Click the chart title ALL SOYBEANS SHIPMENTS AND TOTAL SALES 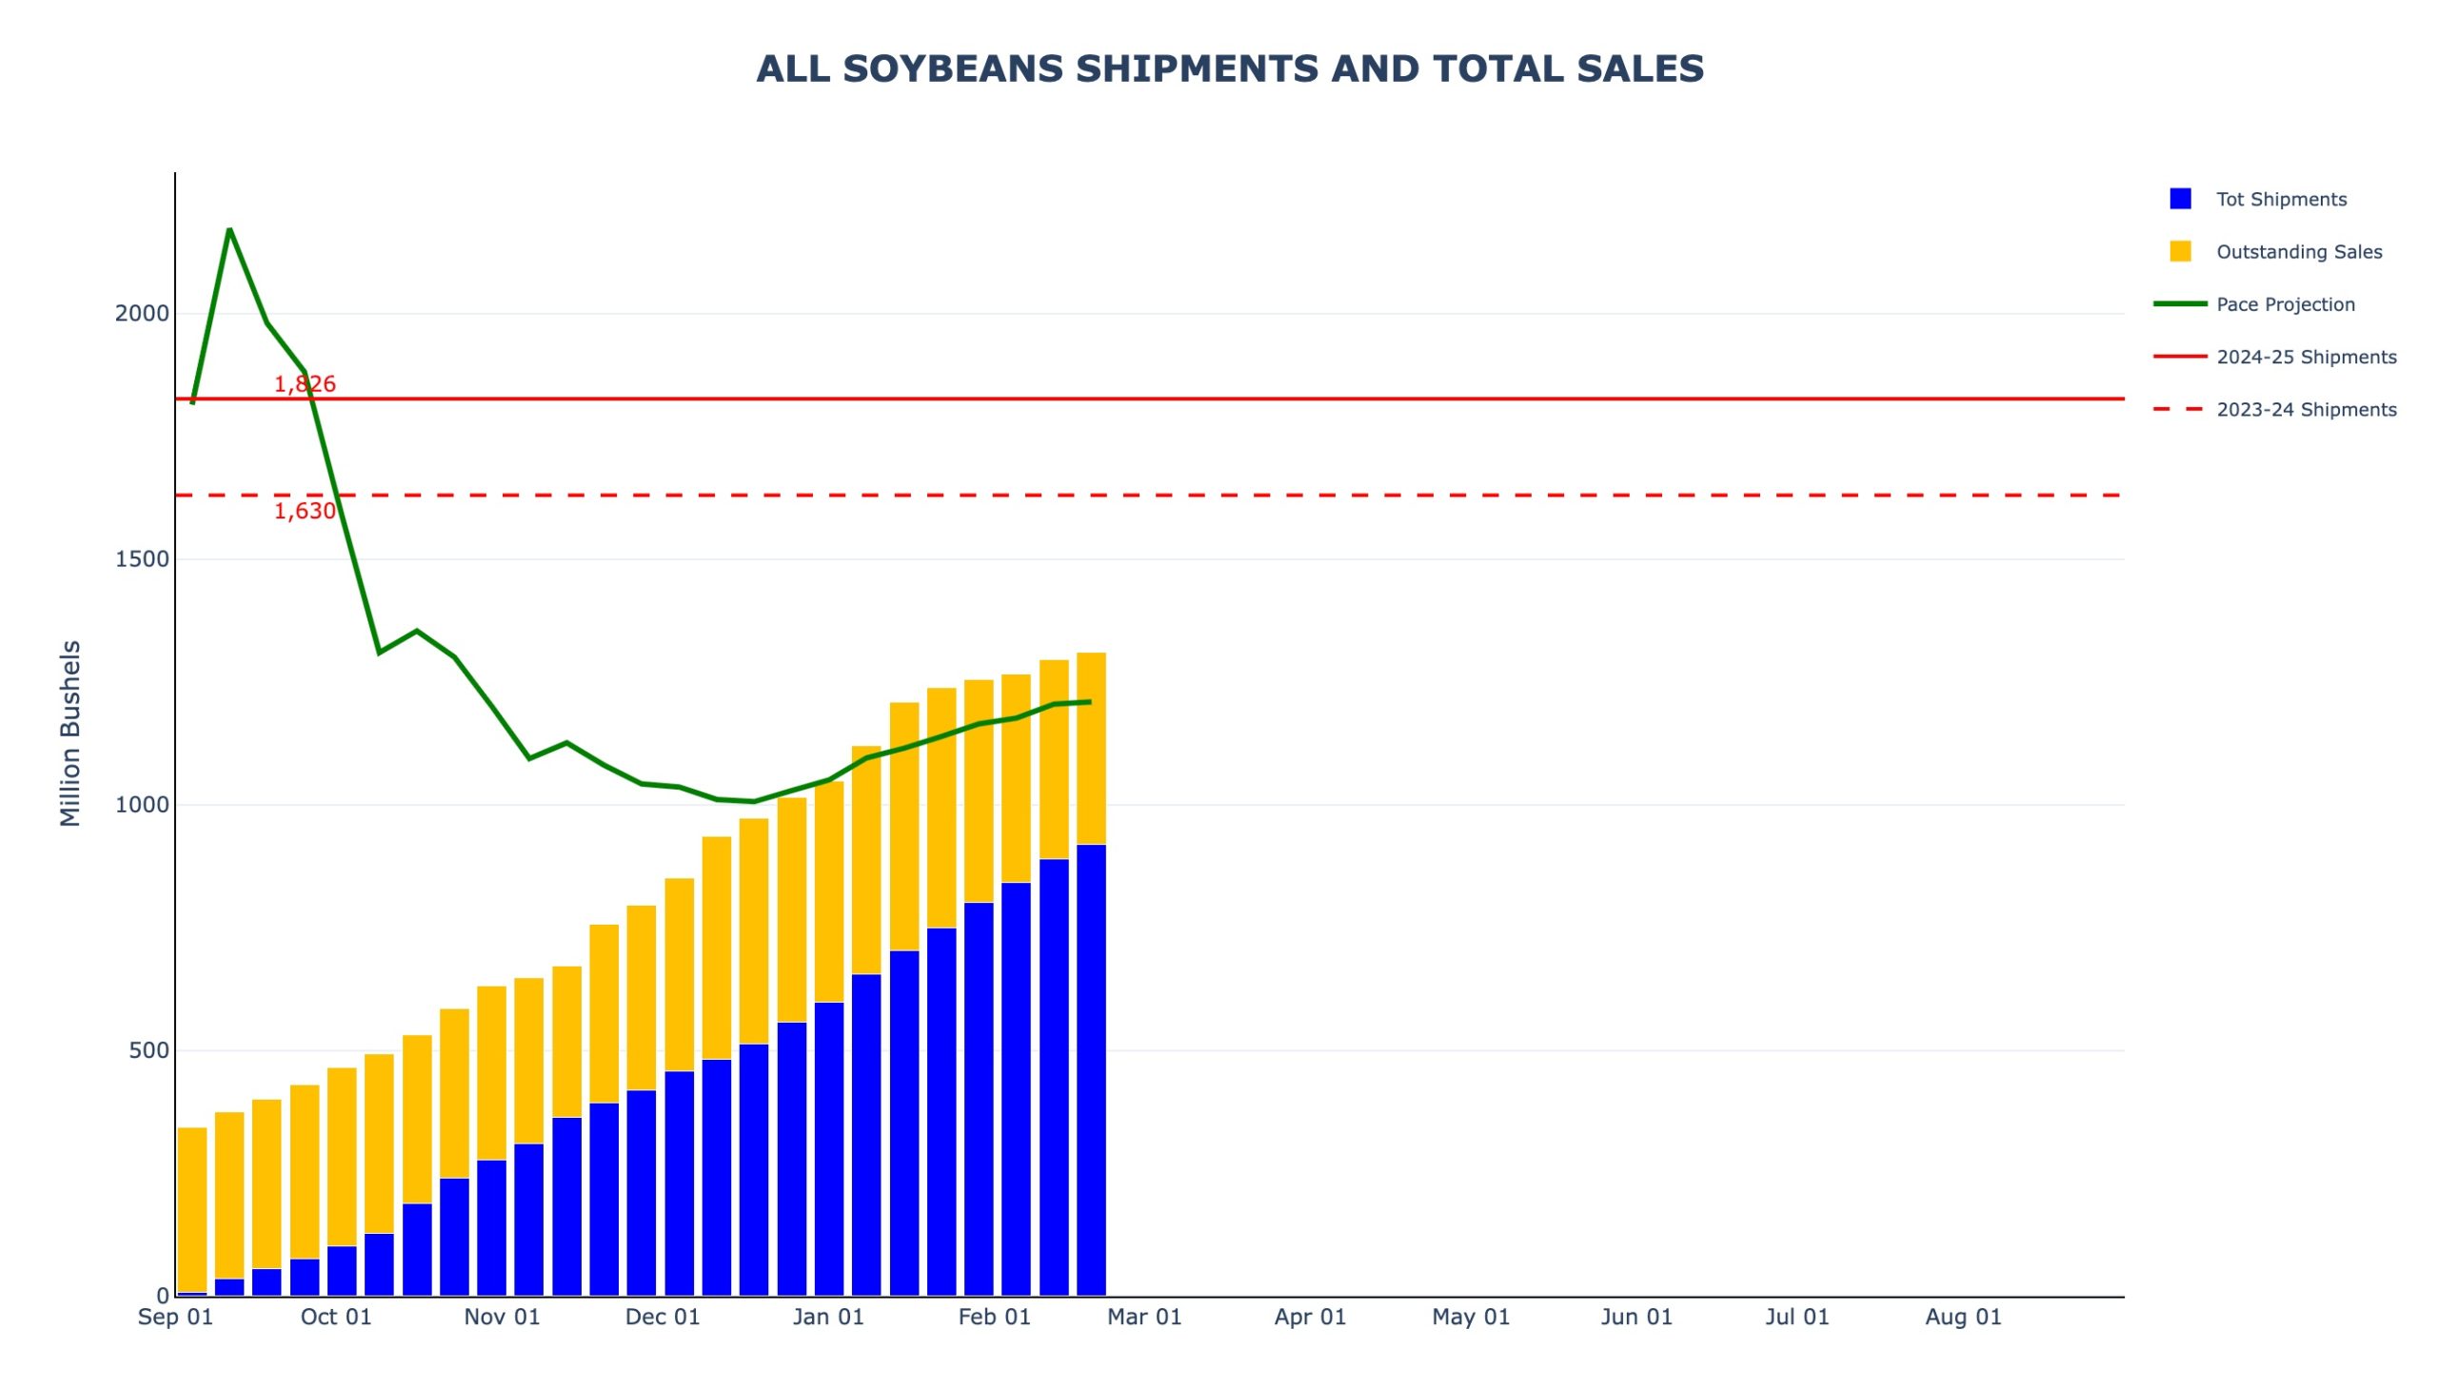click(x=1229, y=69)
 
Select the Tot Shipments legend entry click(x=2280, y=199)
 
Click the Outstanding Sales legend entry click(x=2298, y=251)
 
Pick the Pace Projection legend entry click(x=2284, y=303)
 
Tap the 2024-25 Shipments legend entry click(x=2305, y=357)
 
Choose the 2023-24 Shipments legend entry click(x=2305, y=410)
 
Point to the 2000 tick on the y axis click(x=142, y=313)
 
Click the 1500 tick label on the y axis click(x=142, y=559)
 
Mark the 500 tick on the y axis click(x=149, y=1050)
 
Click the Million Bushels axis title click(x=70, y=733)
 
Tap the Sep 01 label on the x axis click(x=175, y=1317)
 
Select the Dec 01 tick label click(x=663, y=1317)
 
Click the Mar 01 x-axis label click(x=1143, y=1317)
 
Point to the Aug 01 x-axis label click(x=1962, y=1317)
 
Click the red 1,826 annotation click(x=305, y=384)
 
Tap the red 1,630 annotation click(x=305, y=511)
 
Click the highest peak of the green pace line click(x=229, y=229)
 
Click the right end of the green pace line click(x=1089, y=702)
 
